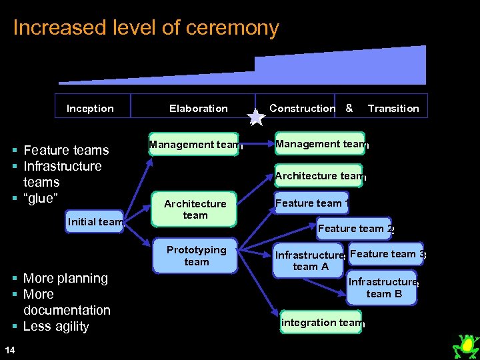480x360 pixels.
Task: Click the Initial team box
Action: pyautogui.click(x=95, y=222)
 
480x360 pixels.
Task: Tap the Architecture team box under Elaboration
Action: pyautogui.click(x=195, y=209)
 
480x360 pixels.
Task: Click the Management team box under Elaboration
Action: pyautogui.click(x=193, y=144)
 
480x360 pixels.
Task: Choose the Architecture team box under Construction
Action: pyautogui.click(x=319, y=176)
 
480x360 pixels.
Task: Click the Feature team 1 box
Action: pyautogui.click(x=312, y=203)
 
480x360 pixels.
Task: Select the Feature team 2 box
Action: pyautogui.click(x=354, y=229)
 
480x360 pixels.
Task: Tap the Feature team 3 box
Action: pyautogui.click(x=385, y=254)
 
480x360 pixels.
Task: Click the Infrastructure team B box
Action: pyautogui.click(x=383, y=287)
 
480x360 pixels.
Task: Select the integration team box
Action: pyautogui.click(x=322, y=323)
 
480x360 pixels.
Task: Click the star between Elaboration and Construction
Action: pyautogui.click(x=256, y=117)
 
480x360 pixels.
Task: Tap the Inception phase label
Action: pyautogui.click(x=90, y=109)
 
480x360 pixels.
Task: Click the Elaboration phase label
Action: pyautogui.click(x=198, y=109)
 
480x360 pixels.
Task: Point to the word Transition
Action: pyautogui.click(x=393, y=109)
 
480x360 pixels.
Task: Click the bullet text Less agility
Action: pyautogui.click(x=56, y=326)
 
